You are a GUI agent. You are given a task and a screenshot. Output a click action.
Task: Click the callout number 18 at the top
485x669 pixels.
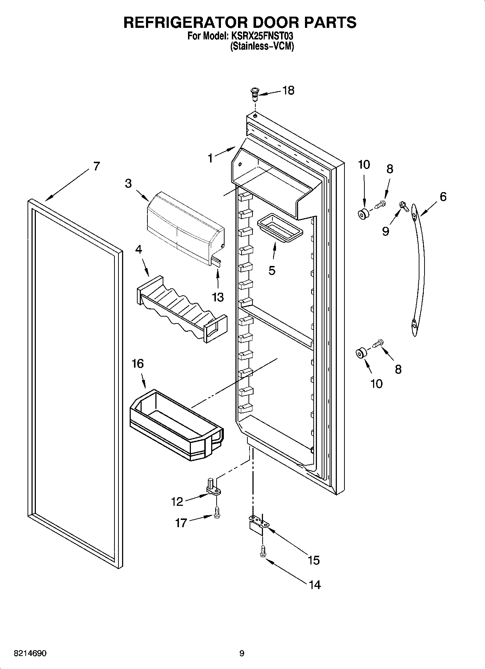(x=288, y=90)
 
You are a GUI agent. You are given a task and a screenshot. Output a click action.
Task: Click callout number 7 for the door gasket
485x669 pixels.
(x=96, y=166)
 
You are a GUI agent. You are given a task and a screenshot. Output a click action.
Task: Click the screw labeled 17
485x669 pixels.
(x=217, y=513)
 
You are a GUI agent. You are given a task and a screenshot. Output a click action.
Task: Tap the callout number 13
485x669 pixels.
(x=218, y=297)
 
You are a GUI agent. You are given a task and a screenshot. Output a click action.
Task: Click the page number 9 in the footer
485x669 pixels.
(x=242, y=653)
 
